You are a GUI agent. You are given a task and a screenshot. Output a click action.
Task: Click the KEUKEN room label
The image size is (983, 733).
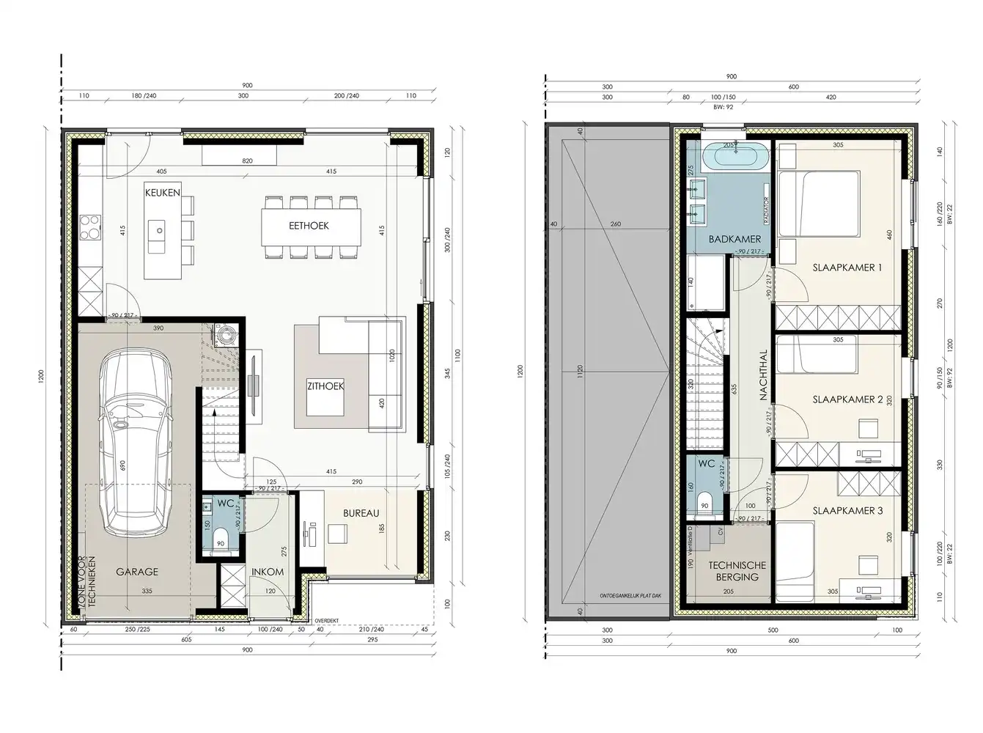click(163, 192)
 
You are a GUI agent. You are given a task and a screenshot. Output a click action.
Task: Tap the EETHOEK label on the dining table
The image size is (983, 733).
click(308, 226)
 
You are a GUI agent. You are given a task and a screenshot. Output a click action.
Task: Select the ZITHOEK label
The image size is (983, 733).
click(325, 386)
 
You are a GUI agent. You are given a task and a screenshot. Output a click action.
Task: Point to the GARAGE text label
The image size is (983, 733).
click(136, 572)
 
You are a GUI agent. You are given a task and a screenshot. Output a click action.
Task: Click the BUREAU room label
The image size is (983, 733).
click(361, 513)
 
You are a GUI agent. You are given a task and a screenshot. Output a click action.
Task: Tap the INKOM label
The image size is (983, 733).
click(268, 572)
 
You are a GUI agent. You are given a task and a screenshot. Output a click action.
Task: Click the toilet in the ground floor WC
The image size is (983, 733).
click(223, 542)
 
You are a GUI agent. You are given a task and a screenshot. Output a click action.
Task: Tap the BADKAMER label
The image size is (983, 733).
click(735, 239)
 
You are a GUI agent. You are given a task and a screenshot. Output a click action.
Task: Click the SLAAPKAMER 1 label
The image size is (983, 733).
click(847, 268)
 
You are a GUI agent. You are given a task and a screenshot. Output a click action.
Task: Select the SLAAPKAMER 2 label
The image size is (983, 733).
click(847, 399)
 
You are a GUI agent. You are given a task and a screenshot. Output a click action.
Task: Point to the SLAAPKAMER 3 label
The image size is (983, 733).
click(847, 510)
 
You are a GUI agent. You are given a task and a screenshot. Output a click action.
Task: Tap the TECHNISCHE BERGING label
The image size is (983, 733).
click(737, 570)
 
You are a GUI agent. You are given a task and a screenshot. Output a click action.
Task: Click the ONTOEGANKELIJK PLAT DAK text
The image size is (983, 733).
click(630, 595)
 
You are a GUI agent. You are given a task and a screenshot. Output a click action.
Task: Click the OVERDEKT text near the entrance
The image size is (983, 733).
click(328, 620)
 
